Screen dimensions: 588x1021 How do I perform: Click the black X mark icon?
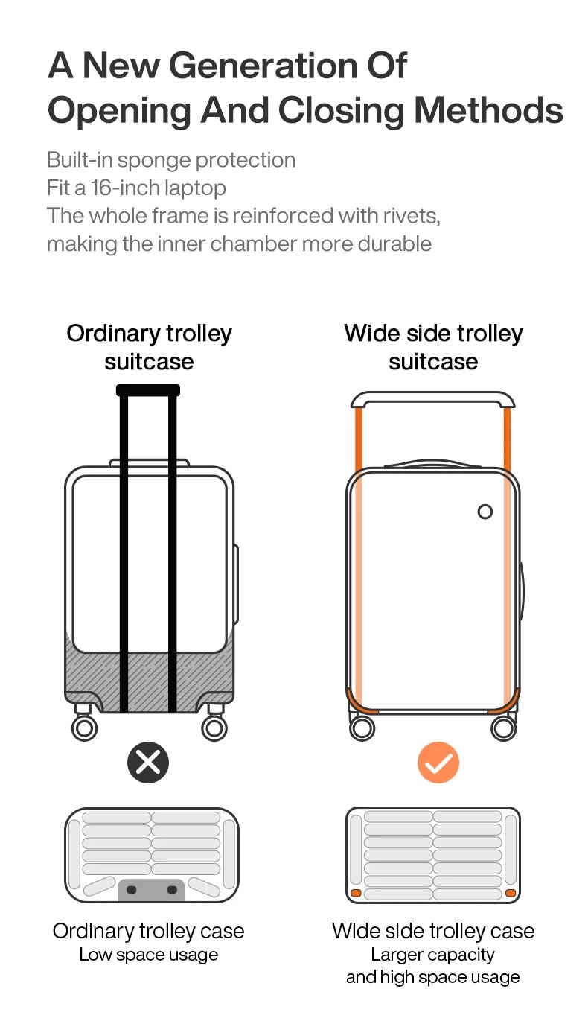pyautogui.click(x=148, y=763)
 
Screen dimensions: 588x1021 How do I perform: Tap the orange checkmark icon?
pyautogui.click(x=438, y=763)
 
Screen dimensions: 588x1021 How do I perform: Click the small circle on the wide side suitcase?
pyautogui.click(x=485, y=512)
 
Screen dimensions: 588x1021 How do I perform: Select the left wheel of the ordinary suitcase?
pyautogui.click(x=84, y=728)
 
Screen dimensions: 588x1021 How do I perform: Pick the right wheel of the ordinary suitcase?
pyautogui.click(x=214, y=728)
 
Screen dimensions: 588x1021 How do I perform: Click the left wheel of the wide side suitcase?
pyautogui.click(x=362, y=728)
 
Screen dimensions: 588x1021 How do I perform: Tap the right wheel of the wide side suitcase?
pyautogui.click(x=504, y=728)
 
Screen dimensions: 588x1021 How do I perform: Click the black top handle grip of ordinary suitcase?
pyautogui.click(x=148, y=390)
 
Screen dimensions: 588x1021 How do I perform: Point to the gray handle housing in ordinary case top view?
pyautogui.click(x=152, y=890)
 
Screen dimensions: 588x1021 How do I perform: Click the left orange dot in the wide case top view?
pyautogui.click(x=357, y=892)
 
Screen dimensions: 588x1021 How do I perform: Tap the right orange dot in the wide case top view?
pyautogui.click(x=510, y=892)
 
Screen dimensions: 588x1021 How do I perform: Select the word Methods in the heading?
pyautogui.click(x=488, y=110)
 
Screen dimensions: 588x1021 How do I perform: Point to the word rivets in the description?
pyautogui.click(x=412, y=216)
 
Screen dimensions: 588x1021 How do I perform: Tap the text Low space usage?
pyautogui.click(x=148, y=955)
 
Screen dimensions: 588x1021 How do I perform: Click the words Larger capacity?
pyautogui.click(x=432, y=954)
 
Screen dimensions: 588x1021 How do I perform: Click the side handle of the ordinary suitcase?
pyautogui.click(x=237, y=583)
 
